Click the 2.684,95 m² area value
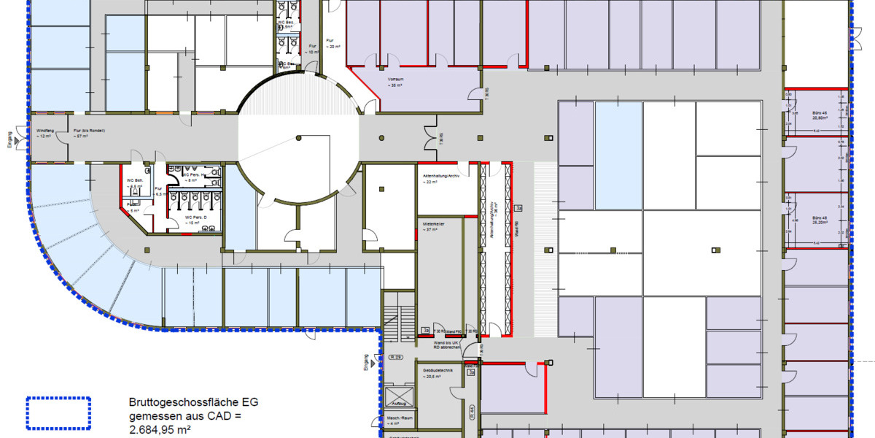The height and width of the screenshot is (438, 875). pyautogui.click(x=160, y=431)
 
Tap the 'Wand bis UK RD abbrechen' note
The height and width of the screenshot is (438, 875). pyautogui.click(x=447, y=345)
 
